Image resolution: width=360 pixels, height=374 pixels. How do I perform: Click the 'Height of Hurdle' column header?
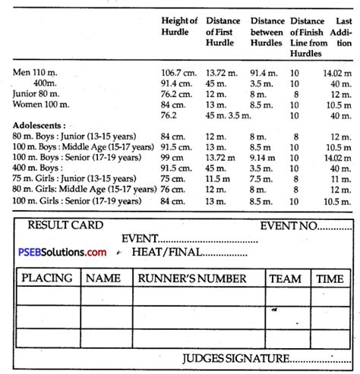(180, 27)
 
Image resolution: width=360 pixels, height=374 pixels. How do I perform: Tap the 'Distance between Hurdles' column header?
(267, 27)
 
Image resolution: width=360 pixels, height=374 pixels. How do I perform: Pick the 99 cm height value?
(174, 157)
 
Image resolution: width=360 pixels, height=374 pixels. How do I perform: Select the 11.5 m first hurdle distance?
(219, 178)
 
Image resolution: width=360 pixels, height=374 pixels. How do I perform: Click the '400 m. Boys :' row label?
(38, 168)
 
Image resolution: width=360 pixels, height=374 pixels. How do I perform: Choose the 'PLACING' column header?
(47, 279)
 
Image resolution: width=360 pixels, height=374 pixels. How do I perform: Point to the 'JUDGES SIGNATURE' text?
(237, 359)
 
